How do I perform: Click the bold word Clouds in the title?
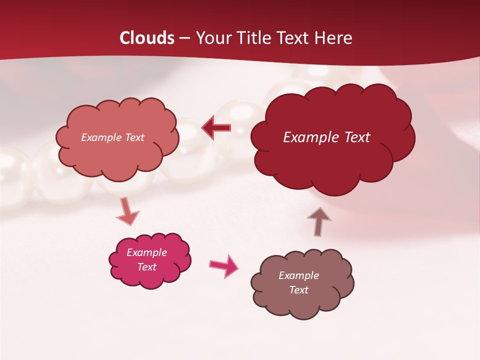point(147,38)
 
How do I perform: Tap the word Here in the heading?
point(333,38)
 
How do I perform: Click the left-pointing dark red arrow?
point(216,128)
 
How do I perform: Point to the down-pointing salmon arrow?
point(127,211)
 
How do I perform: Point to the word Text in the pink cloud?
point(147,267)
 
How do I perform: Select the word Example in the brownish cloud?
point(298,275)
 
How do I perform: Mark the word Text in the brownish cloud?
point(298,290)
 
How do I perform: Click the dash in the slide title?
point(185,38)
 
